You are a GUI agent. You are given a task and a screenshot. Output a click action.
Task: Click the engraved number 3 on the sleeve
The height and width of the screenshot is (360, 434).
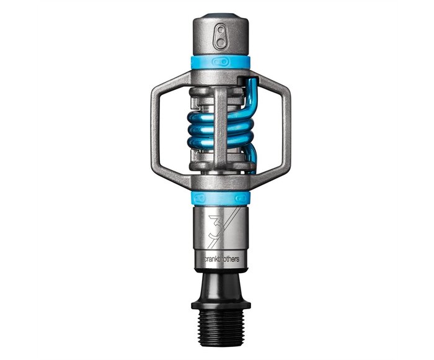(x=213, y=225)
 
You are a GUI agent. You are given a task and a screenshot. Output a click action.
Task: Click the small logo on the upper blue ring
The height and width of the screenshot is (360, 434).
(x=219, y=61)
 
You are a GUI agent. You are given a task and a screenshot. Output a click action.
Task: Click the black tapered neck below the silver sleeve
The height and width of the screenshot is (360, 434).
(x=219, y=282)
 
